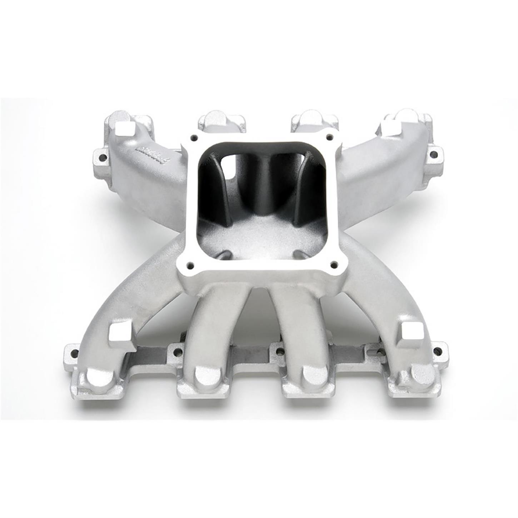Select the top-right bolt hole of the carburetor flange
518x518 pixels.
[329, 136]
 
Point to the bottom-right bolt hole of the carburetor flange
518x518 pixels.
[334, 264]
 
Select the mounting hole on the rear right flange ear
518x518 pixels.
[433, 154]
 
